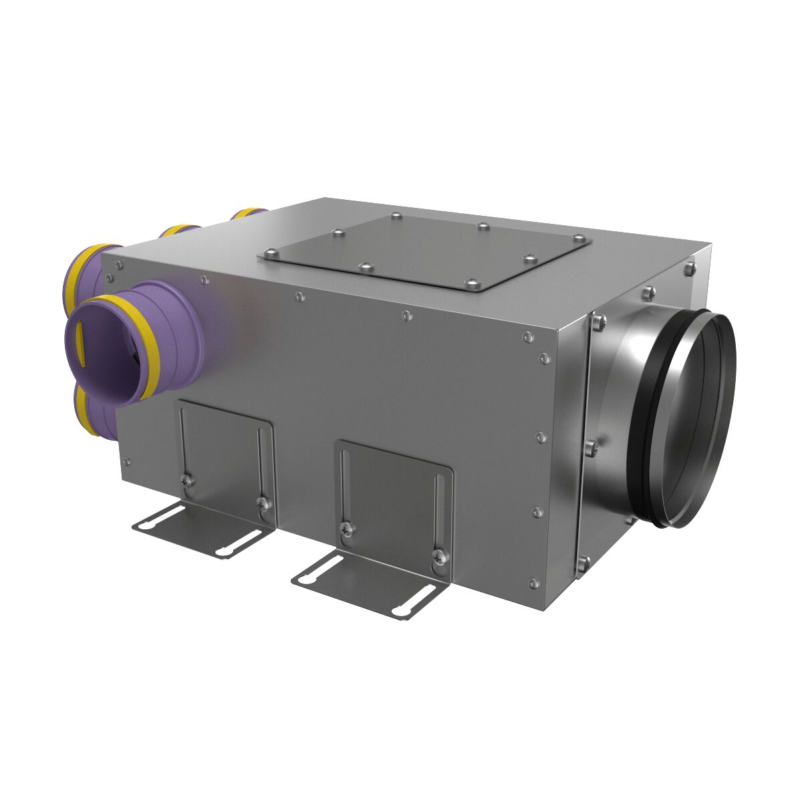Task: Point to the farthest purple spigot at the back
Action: point(247,214)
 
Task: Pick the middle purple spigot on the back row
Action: point(178,231)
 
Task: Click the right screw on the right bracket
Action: point(438,554)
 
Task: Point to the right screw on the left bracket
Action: point(264,502)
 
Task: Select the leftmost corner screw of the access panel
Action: point(270,253)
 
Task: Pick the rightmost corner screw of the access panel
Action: point(579,239)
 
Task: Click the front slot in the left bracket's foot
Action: point(158,517)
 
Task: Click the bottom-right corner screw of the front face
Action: point(533,582)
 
